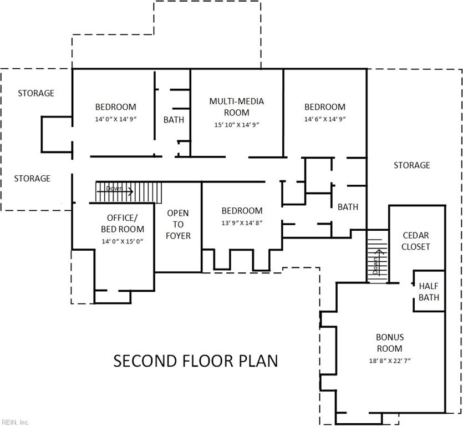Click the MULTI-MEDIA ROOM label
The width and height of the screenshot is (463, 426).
[236, 106]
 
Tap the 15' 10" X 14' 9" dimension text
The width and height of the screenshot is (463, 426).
[236, 125]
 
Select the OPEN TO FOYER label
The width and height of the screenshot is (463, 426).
[178, 225]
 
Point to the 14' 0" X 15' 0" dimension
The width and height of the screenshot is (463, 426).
[122, 241]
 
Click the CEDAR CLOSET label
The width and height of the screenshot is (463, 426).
[415, 241]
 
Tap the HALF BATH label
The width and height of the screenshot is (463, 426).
[429, 292]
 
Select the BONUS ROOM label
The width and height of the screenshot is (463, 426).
[390, 343]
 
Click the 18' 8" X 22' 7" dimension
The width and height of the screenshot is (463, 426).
[389, 361]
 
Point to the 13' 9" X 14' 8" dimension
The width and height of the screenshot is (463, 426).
[242, 222]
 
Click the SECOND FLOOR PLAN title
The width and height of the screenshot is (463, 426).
[196, 361]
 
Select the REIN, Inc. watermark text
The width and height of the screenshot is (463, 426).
[16, 422]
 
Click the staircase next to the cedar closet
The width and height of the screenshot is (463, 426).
[376, 256]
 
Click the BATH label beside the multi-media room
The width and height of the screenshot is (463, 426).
[174, 119]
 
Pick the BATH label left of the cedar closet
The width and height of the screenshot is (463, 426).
[348, 207]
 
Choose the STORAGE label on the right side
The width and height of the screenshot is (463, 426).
[411, 165]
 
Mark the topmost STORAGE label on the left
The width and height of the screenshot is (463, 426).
[36, 93]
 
